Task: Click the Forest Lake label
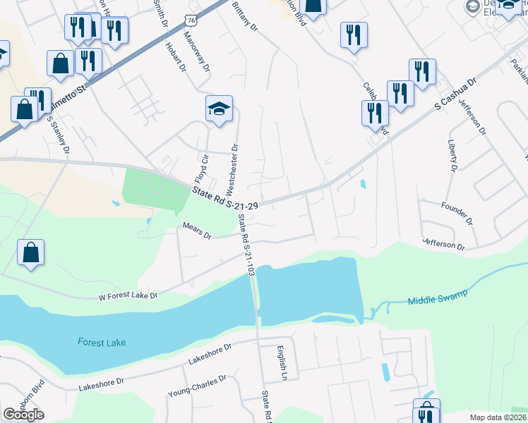[102, 342]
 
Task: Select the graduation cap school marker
[219, 109]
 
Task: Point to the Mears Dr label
[197, 231]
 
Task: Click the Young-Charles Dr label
[197, 386]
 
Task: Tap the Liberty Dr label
[452, 155]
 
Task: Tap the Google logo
[24, 415]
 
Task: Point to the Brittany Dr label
[245, 18]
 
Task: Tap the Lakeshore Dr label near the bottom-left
[101, 384]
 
